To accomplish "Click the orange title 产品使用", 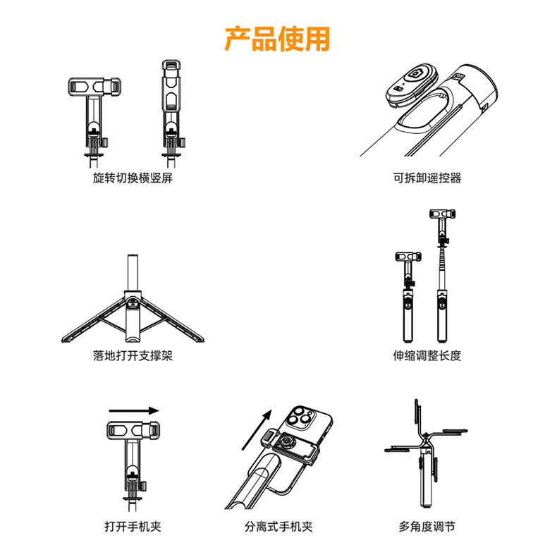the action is click(277, 39).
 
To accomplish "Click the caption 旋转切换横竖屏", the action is click(133, 178).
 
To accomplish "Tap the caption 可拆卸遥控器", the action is click(427, 178).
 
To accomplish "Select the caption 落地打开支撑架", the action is click(133, 355).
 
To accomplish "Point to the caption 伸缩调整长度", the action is click(427, 355).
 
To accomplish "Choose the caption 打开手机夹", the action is click(133, 526).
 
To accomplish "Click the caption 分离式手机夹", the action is click(278, 526).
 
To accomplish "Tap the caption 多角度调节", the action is click(427, 526).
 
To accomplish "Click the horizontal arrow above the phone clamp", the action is click(133, 411).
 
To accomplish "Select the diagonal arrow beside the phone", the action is click(257, 430).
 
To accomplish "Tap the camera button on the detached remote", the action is click(415, 74).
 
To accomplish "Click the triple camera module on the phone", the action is click(300, 416).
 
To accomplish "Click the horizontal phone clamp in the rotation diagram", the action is click(94, 86).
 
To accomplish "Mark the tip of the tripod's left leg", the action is click(64, 341).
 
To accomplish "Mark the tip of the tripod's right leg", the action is click(202, 341).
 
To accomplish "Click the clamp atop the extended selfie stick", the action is click(443, 214).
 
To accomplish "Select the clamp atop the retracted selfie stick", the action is click(408, 256).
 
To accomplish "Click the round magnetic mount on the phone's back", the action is click(286, 443).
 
